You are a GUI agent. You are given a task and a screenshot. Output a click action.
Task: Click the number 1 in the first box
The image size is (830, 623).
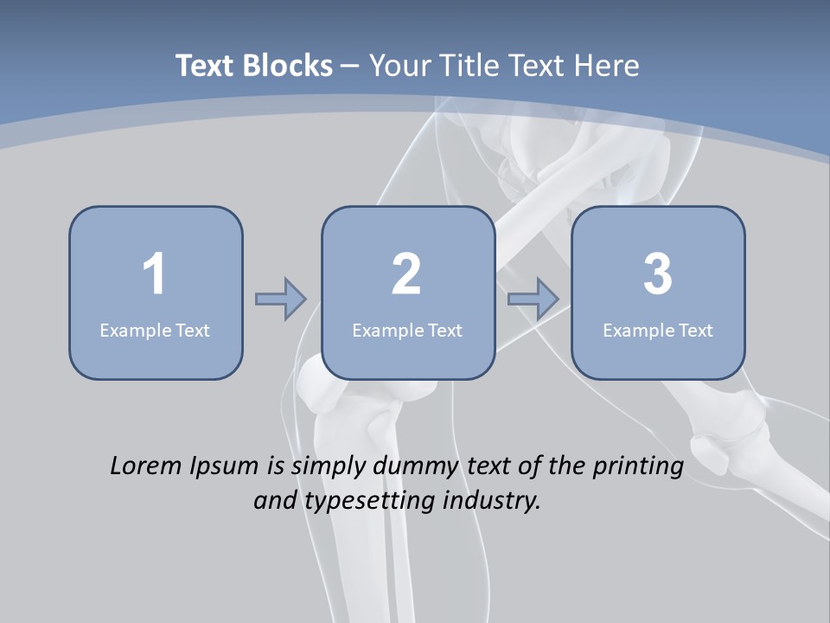tap(154, 274)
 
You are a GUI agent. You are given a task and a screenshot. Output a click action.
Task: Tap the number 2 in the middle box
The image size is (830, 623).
tap(406, 274)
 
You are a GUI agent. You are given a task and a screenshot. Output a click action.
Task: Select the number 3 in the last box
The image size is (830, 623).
tap(658, 274)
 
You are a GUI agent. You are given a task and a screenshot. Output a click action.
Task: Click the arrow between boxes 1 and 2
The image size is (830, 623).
tap(281, 299)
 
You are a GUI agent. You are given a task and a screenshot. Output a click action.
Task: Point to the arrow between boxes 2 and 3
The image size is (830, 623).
tap(533, 299)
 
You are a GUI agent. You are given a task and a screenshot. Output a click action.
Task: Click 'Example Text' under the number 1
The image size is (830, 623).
tap(155, 330)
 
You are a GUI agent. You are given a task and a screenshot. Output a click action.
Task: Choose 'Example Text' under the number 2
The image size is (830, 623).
tap(407, 330)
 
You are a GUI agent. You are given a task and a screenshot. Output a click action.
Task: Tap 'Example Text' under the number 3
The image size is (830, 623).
tap(658, 330)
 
